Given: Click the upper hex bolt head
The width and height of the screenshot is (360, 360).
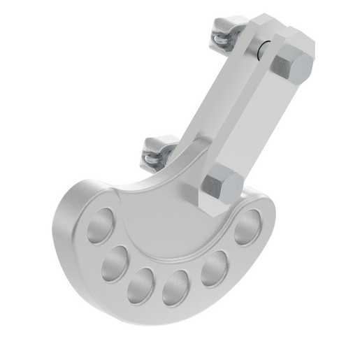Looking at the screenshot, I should pyautogui.click(x=291, y=67).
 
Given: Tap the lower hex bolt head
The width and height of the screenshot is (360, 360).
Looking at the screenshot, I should pyautogui.click(x=222, y=186).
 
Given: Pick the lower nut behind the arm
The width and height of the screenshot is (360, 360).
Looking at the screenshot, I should pyautogui.click(x=159, y=147).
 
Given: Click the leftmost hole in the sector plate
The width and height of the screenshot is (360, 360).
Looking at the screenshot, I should pyautogui.click(x=99, y=225).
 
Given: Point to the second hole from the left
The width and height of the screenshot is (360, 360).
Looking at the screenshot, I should pyautogui.click(x=114, y=263).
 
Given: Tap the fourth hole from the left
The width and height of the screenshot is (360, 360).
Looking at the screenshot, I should pyautogui.click(x=176, y=287).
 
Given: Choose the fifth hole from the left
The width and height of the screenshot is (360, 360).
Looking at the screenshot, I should pyautogui.click(x=214, y=268).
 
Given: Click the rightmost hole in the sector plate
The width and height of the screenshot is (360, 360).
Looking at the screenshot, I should pyautogui.click(x=247, y=226).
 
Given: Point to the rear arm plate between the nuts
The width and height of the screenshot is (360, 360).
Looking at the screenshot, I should pyautogui.click(x=210, y=105).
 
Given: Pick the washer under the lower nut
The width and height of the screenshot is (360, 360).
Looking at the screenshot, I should pyautogui.click(x=154, y=159).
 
